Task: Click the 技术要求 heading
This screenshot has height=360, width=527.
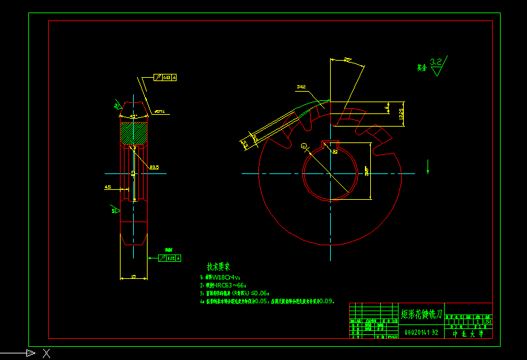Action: [x=218, y=267]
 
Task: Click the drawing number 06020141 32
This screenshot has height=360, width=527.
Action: [x=421, y=332]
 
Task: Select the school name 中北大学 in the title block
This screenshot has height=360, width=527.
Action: [x=468, y=334]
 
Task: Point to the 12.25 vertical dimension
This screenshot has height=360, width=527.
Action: [x=401, y=113]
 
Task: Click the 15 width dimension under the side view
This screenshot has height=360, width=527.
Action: [x=133, y=277]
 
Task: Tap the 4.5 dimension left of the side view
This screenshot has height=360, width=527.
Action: [x=107, y=187]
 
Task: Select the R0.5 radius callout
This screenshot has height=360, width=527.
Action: [x=153, y=166]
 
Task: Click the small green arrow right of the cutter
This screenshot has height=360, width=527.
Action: [x=428, y=164]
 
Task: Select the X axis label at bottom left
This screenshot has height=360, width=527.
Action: [x=46, y=353]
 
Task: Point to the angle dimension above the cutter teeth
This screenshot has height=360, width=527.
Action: [x=347, y=60]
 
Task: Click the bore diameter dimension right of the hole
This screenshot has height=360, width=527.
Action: [x=367, y=171]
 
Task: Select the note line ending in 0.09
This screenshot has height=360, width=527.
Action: [x=267, y=301]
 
